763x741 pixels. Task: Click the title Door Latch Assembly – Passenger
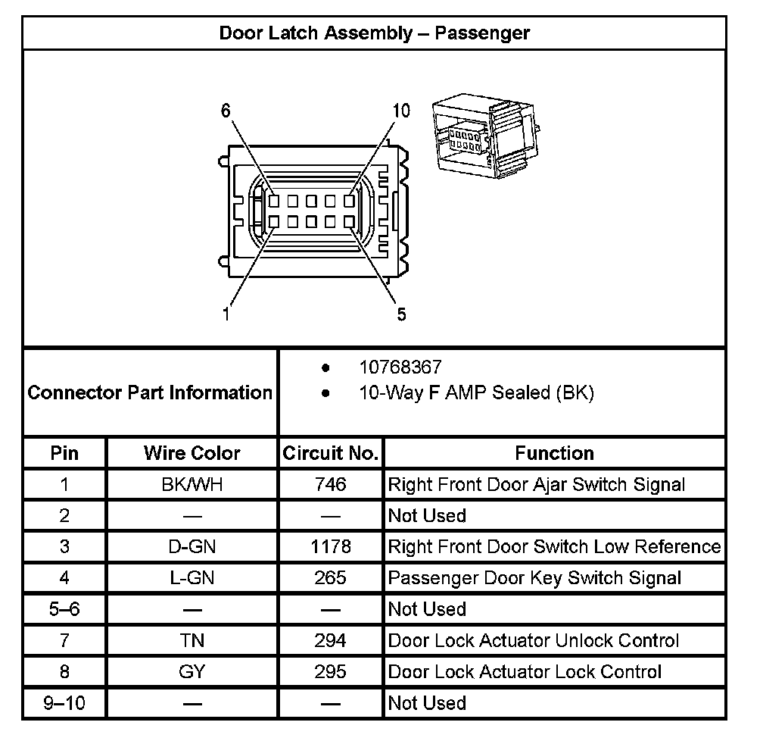pyautogui.click(x=374, y=33)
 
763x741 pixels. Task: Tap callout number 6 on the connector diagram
pyautogui.click(x=226, y=111)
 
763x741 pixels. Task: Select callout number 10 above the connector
pyautogui.click(x=401, y=111)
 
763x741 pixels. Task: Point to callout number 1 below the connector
pyautogui.click(x=226, y=314)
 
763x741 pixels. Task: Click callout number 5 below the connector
pyautogui.click(x=401, y=314)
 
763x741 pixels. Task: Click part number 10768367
pyautogui.click(x=400, y=368)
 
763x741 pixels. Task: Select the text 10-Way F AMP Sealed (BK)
pyautogui.click(x=476, y=392)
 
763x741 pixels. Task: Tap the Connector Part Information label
pyautogui.click(x=150, y=392)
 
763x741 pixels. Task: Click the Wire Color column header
pyautogui.click(x=192, y=453)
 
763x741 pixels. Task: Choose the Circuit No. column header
pyautogui.click(x=330, y=453)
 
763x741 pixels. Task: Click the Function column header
pyautogui.click(x=554, y=453)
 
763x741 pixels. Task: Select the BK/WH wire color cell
pyautogui.click(x=192, y=484)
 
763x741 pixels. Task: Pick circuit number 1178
pyautogui.click(x=330, y=546)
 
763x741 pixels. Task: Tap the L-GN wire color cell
pyautogui.click(x=192, y=578)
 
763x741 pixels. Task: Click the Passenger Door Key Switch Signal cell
pyautogui.click(x=534, y=578)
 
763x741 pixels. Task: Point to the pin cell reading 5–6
pyautogui.click(x=64, y=609)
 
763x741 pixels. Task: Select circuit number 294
pyautogui.click(x=330, y=640)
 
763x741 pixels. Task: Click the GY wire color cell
pyautogui.click(x=192, y=671)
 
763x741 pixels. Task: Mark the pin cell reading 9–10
pyautogui.click(x=64, y=702)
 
